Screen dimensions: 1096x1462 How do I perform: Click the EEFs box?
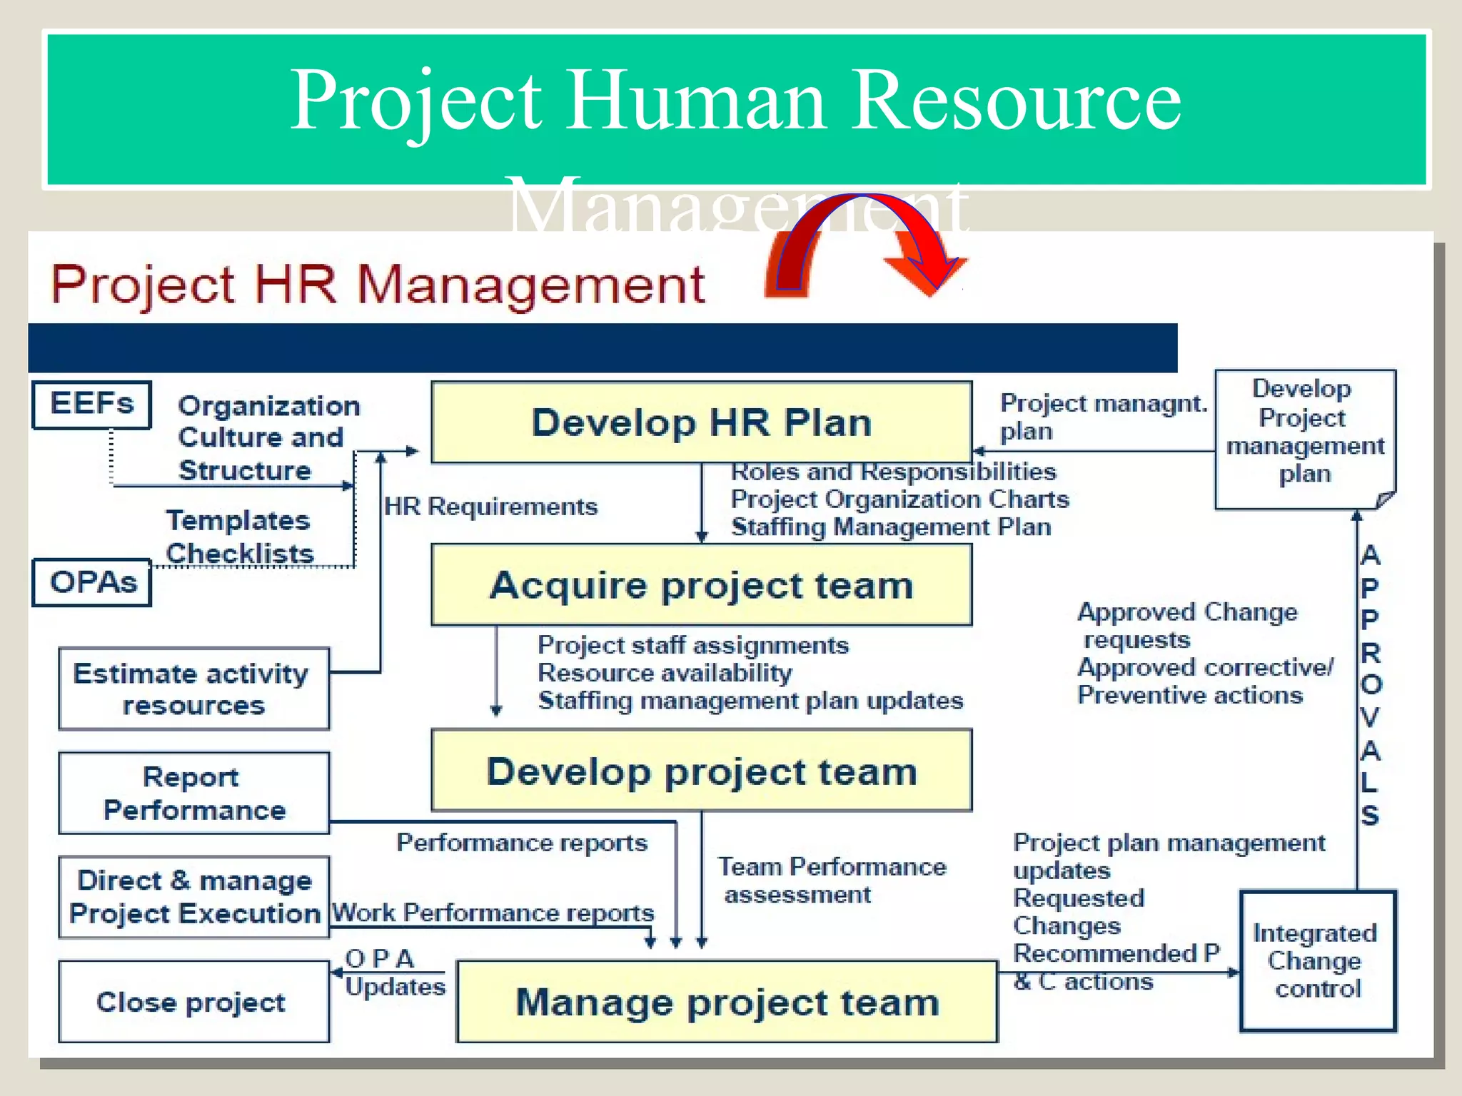[x=91, y=405]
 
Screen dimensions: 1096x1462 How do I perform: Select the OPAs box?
[x=92, y=582]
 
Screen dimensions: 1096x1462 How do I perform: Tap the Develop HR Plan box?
[x=701, y=422]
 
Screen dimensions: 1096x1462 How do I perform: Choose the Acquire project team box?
[x=701, y=585]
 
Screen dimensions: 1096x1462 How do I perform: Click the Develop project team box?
[x=701, y=771]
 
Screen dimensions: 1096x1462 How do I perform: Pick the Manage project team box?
[x=727, y=1002]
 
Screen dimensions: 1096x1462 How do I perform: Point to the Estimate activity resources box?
[x=193, y=689]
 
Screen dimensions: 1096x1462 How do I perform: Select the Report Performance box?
[x=193, y=793]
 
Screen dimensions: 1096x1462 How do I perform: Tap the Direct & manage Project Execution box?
[x=193, y=897]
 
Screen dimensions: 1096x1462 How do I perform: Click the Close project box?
[x=193, y=1002]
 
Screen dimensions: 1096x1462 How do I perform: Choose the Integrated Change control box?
[x=1317, y=960]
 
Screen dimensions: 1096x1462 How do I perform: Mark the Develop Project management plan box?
[x=1304, y=438]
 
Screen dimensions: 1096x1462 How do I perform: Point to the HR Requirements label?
[x=490, y=507]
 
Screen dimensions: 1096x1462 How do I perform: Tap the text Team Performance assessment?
[x=832, y=881]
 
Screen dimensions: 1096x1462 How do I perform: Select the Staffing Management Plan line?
[x=891, y=527]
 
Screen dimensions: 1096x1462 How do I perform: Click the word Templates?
[x=238, y=520]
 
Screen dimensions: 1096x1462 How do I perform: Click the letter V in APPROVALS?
[x=1370, y=717]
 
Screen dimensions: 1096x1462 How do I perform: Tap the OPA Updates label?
[x=394, y=973]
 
